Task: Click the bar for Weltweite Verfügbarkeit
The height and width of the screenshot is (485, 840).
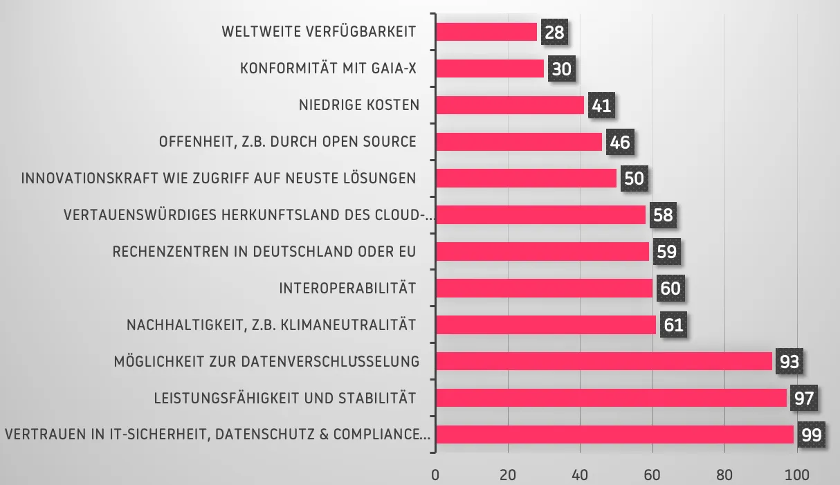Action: pyautogui.click(x=486, y=32)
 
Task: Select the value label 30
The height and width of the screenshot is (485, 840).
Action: pyautogui.click(x=562, y=68)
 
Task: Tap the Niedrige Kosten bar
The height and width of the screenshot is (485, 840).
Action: pyautogui.click(x=510, y=105)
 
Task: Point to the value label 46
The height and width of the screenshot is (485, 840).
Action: pyautogui.click(x=620, y=142)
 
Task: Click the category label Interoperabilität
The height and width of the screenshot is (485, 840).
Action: pyautogui.click(x=347, y=289)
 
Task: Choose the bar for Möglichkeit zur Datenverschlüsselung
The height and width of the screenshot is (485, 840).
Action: pyautogui.click(x=604, y=361)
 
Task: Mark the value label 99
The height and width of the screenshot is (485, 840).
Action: pyautogui.click(x=812, y=434)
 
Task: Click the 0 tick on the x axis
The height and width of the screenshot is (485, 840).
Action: pyautogui.click(x=435, y=475)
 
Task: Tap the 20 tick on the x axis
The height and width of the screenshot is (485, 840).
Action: pyautogui.click(x=508, y=475)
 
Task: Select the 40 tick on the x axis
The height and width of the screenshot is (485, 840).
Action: pyautogui.click(x=580, y=475)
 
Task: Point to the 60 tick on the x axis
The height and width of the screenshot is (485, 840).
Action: pyautogui.click(x=652, y=475)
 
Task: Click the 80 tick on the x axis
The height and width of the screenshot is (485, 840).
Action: pyautogui.click(x=724, y=475)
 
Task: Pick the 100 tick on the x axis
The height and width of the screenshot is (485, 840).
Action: pyautogui.click(x=797, y=475)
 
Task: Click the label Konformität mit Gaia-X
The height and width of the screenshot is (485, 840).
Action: pyautogui.click(x=328, y=68)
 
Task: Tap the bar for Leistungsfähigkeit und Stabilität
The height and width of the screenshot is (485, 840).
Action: pyautogui.click(x=611, y=398)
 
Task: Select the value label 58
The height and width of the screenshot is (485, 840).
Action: pyautogui.click(x=663, y=215)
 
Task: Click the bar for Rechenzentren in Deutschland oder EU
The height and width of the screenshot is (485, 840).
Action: pyautogui.click(x=542, y=251)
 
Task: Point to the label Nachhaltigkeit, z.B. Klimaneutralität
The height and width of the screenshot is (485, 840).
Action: pyautogui.click(x=271, y=325)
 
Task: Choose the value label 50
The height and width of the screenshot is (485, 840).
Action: pyautogui.click(x=634, y=179)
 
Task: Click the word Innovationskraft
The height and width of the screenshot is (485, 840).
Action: pyautogui.click(x=90, y=179)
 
